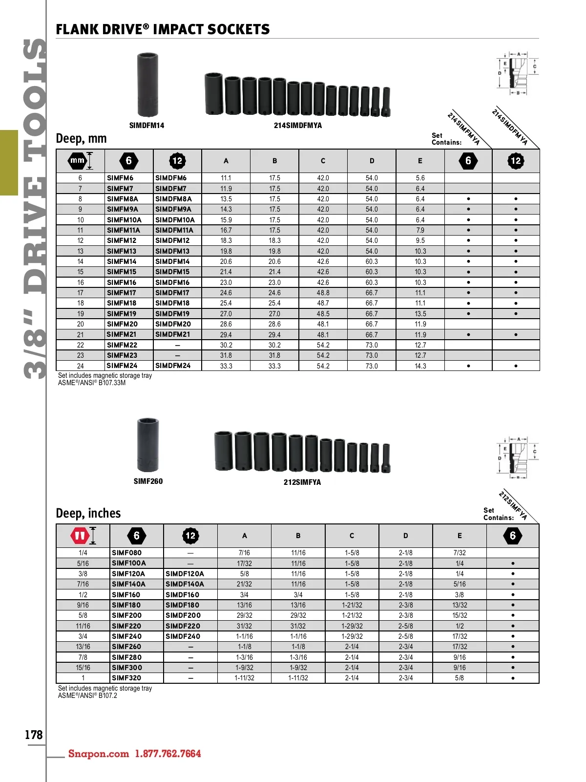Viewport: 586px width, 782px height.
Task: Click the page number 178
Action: [x=33, y=734]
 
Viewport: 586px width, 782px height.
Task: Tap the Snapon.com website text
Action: [x=99, y=754]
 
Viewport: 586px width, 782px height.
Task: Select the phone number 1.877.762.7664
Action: [x=168, y=754]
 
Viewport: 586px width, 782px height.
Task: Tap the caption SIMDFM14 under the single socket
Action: [x=146, y=126]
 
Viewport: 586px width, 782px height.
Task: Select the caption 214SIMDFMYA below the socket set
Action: [x=298, y=126]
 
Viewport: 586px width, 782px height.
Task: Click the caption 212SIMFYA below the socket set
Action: [x=302, y=482]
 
